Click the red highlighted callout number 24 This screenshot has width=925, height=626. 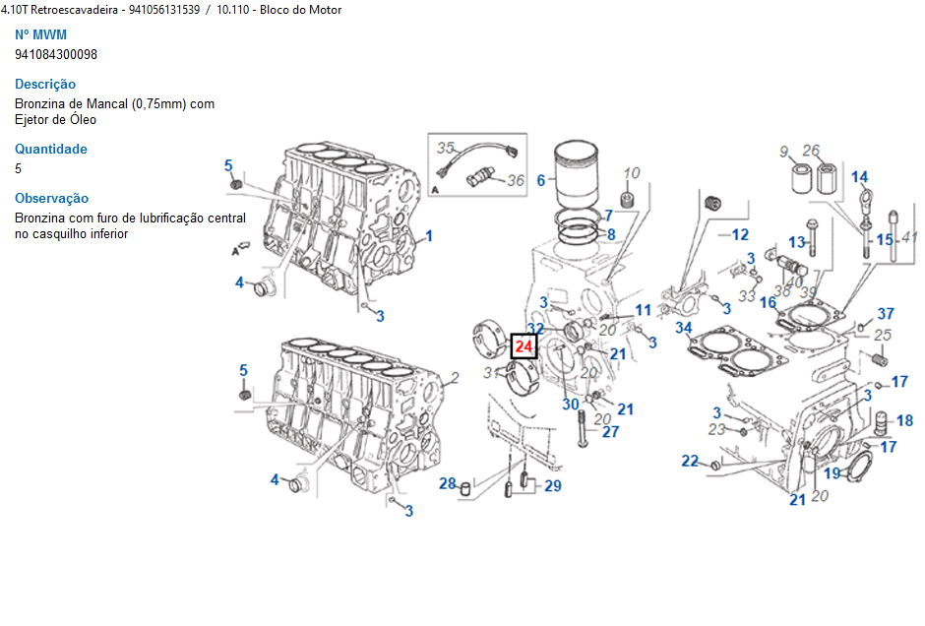(524, 346)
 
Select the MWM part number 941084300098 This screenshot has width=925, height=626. (56, 54)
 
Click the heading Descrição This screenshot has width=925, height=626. (45, 84)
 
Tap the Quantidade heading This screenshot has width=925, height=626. (51, 149)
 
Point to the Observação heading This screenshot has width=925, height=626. (51, 198)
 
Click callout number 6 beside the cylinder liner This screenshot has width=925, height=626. (540, 180)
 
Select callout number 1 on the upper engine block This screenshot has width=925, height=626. (428, 236)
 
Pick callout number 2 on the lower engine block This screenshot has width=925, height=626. (455, 377)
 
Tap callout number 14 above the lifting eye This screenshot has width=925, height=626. (860, 177)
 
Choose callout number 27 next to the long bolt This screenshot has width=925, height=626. (610, 431)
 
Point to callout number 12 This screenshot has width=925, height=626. (740, 234)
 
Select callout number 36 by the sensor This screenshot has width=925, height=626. (516, 180)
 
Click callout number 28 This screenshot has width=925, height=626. (448, 483)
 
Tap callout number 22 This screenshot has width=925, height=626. (691, 461)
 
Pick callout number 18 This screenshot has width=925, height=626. (904, 420)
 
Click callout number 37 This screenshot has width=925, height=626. (886, 313)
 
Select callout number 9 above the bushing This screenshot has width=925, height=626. (784, 151)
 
